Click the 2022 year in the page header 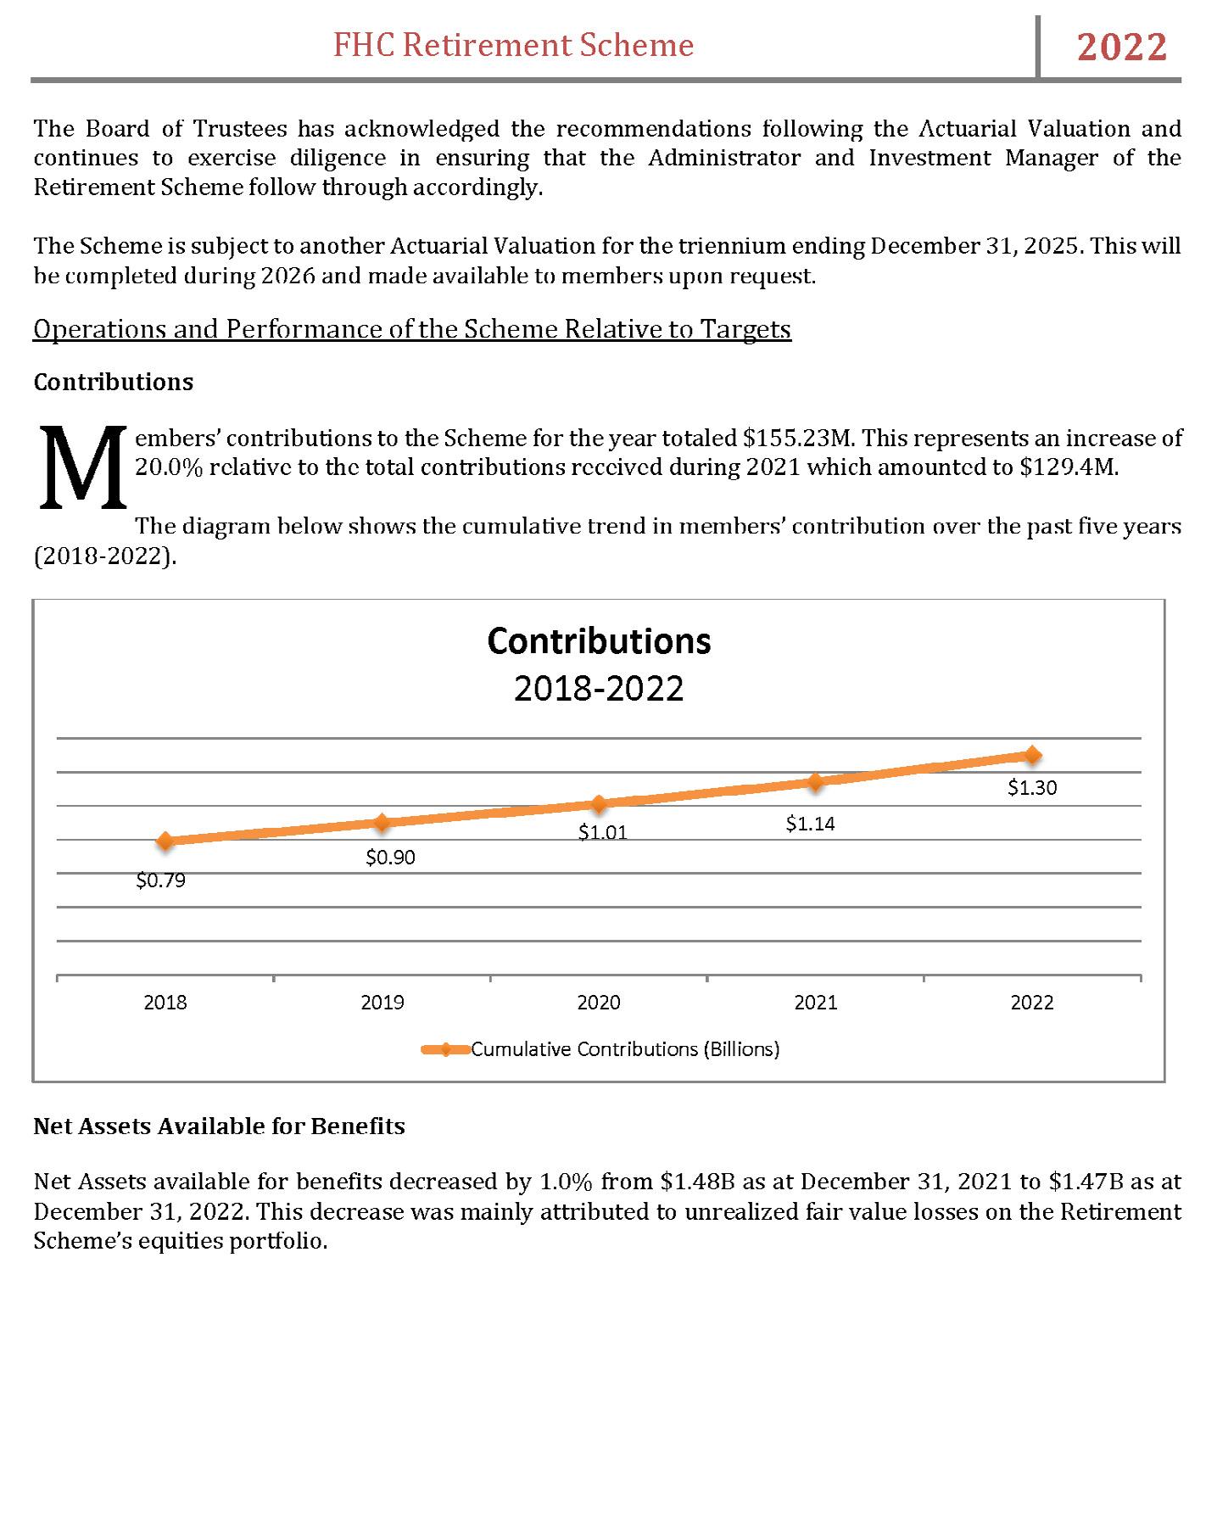pyautogui.click(x=1121, y=47)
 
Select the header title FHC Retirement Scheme pyautogui.click(x=513, y=45)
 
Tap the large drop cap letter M pyautogui.click(x=82, y=468)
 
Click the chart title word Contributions pyautogui.click(x=599, y=641)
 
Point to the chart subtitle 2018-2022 pyautogui.click(x=599, y=689)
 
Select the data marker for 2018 pyautogui.click(x=165, y=841)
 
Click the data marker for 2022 pyautogui.click(x=1032, y=755)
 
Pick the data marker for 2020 pyautogui.click(x=599, y=803)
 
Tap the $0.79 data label pyautogui.click(x=160, y=880)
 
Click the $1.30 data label pyautogui.click(x=1032, y=788)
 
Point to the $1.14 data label pyautogui.click(x=810, y=824)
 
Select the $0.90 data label pyautogui.click(x=390, y=858)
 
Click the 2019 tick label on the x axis pyautogui.click(x=382, y=1003)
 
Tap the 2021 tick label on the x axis pyautogui.click(x=816, y=1003)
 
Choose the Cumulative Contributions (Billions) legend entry pyautogui.click(x=624, y=1049)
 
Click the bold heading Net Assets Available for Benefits pyautogui.click(x=219, y=1126)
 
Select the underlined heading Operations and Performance pyautogui.click(x=412, y=329)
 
